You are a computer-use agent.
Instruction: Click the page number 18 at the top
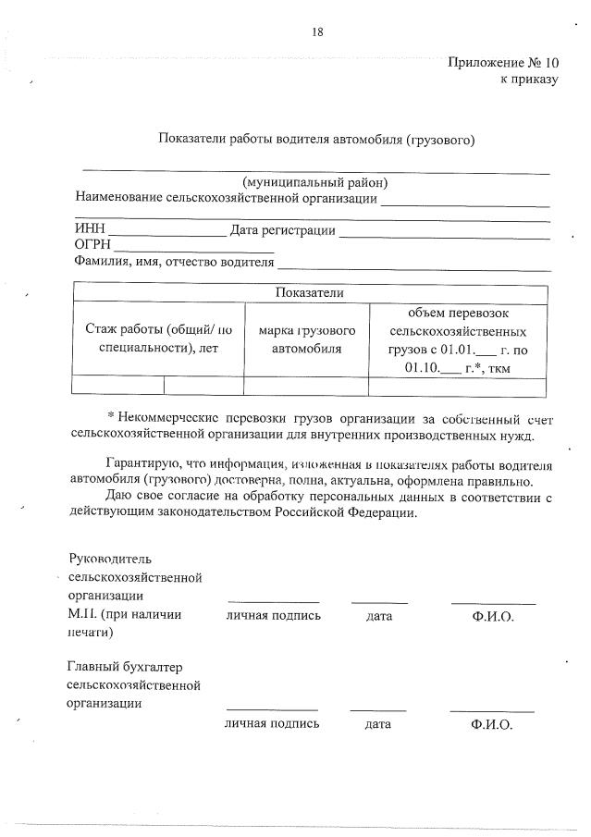click(x=317, y=32)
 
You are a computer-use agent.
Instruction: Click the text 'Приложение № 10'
click(x=503, y=63)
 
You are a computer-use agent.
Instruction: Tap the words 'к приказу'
click(x=530, y=80)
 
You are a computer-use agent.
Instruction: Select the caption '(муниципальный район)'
click(x=314, y=182)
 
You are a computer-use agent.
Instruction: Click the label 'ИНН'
click(x=90, y=229)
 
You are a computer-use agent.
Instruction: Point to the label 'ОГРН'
click(x=92, y=245)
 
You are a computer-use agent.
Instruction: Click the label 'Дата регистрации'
click(x=282, y=229)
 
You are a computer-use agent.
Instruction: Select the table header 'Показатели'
click(x=309, y=292)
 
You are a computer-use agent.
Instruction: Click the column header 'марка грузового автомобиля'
click(x=306, y=338)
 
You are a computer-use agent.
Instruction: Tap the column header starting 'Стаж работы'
click(x=158, y=338)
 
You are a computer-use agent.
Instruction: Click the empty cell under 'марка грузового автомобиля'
click(x=306, y=386)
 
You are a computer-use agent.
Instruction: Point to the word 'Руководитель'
click(x=110, y=559)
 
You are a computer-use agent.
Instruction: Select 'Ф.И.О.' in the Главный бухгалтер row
click(x=491, y=724)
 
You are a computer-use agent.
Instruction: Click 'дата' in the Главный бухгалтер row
click(x=377, y=724)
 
